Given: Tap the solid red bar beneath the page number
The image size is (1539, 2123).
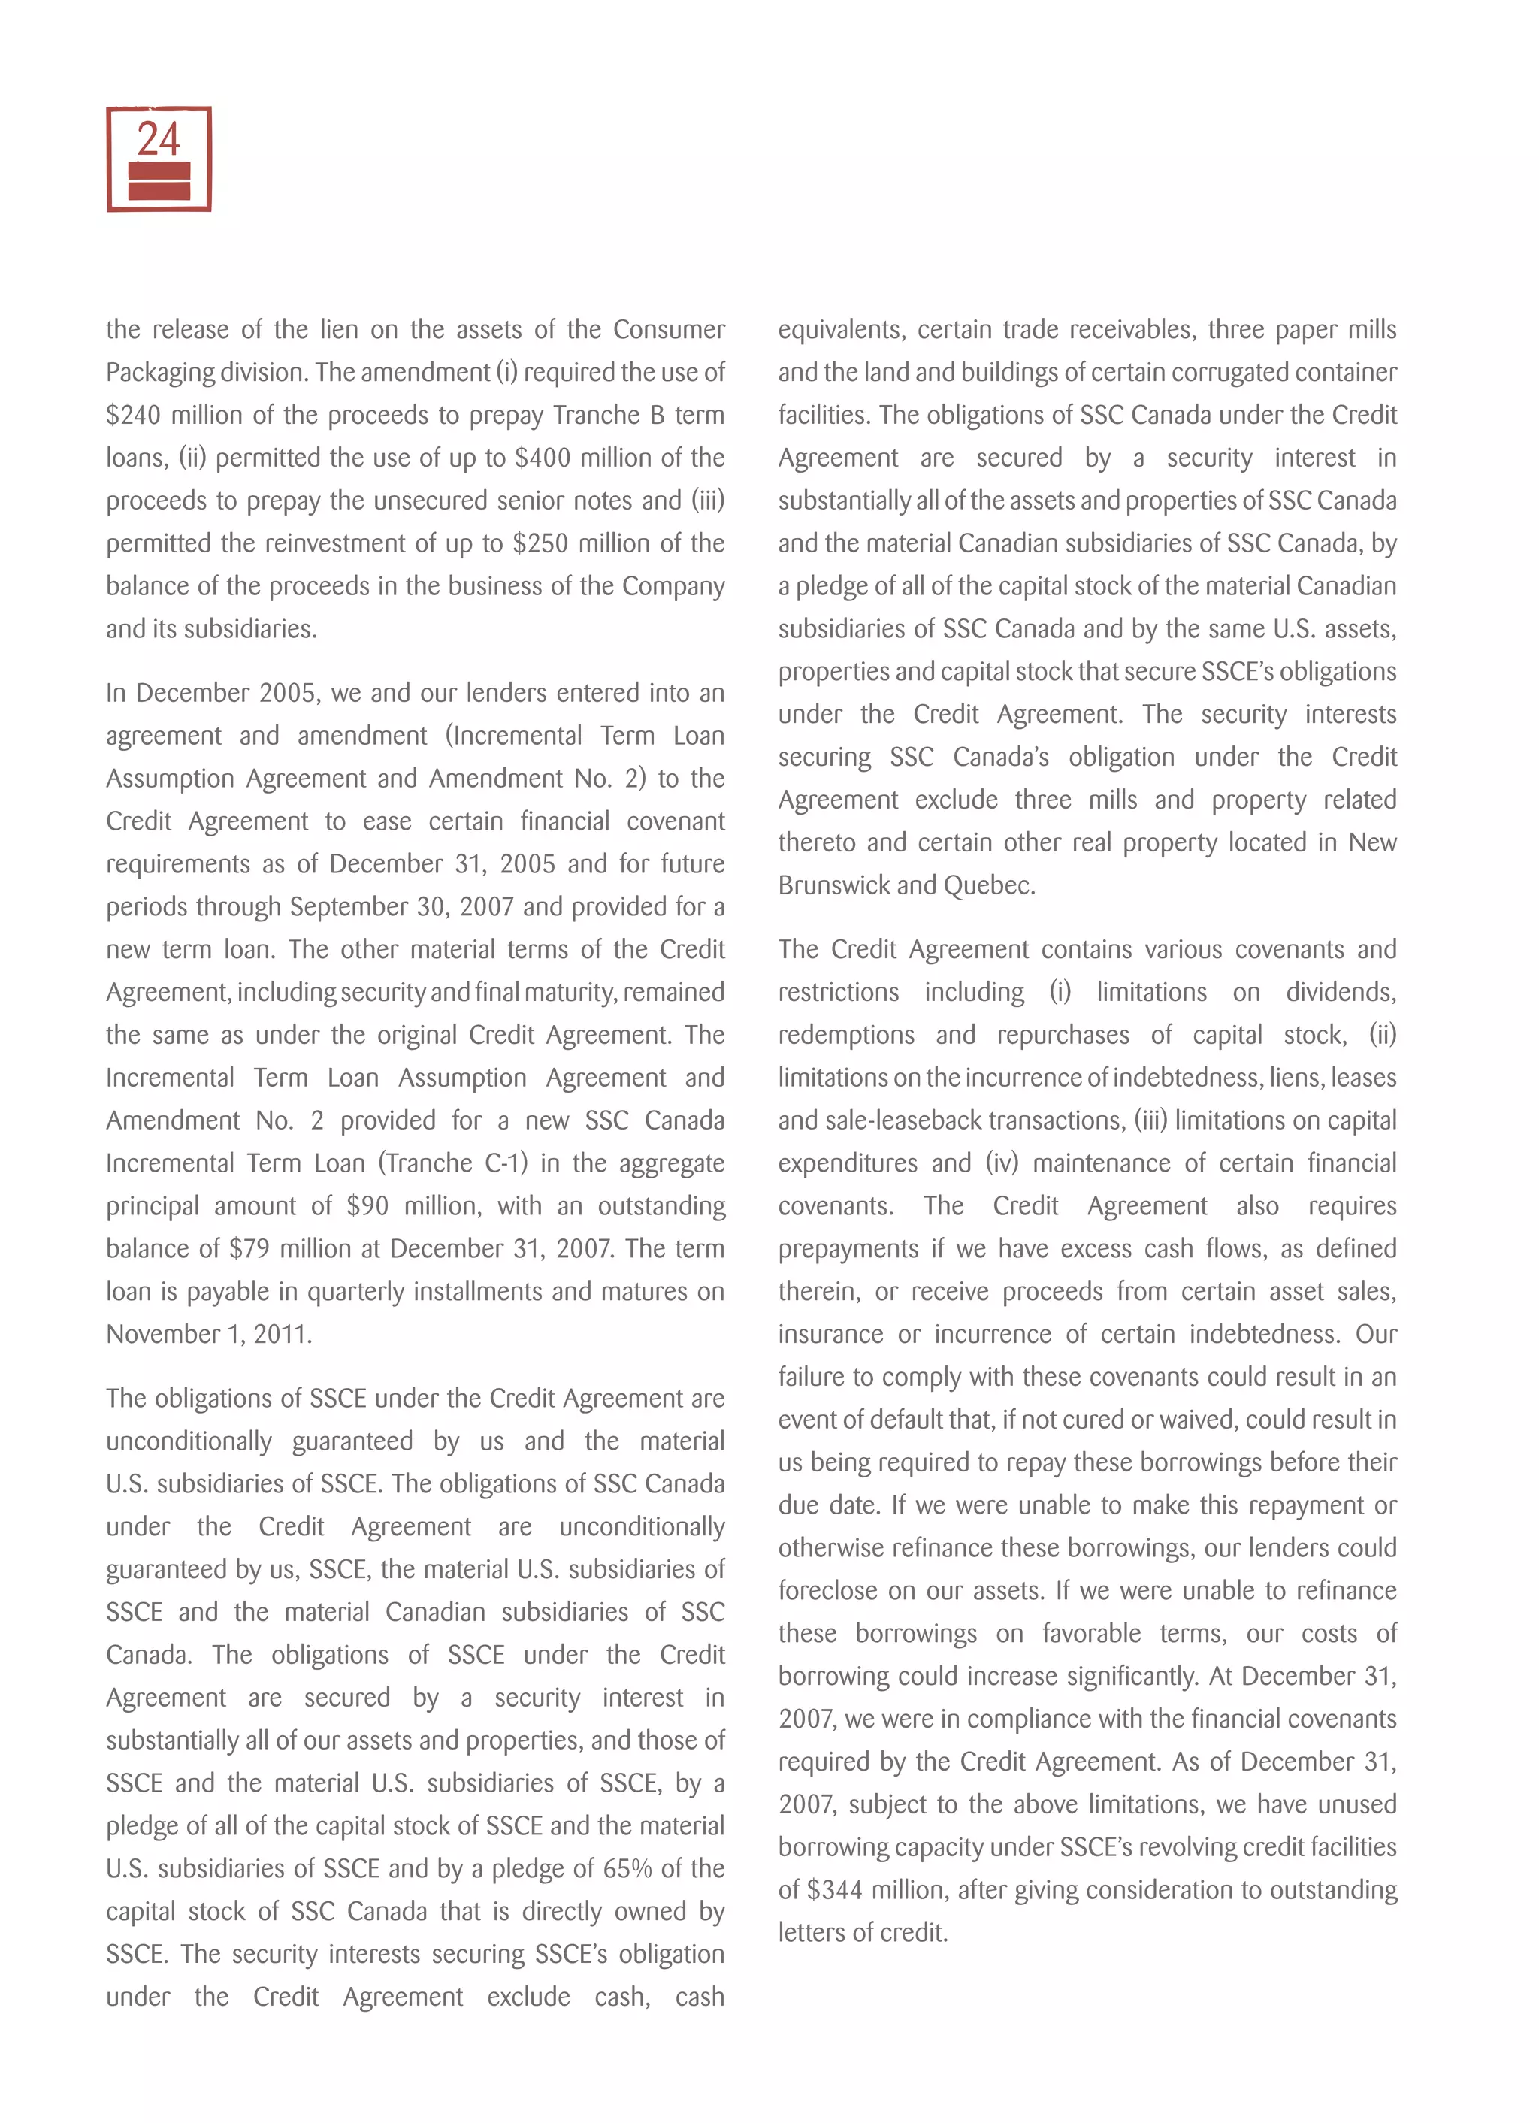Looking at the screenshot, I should [x=159, y=180].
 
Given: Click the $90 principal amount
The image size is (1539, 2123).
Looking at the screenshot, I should [x=367, y=1205].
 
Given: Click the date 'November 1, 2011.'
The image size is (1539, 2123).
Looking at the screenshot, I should [x=209, y=1334].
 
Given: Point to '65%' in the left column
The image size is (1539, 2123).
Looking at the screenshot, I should [x=627, y=1868].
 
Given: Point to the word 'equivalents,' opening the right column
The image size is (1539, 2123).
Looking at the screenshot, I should [x=841, y=329].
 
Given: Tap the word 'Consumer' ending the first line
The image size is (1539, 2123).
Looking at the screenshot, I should [x=668, y=329].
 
